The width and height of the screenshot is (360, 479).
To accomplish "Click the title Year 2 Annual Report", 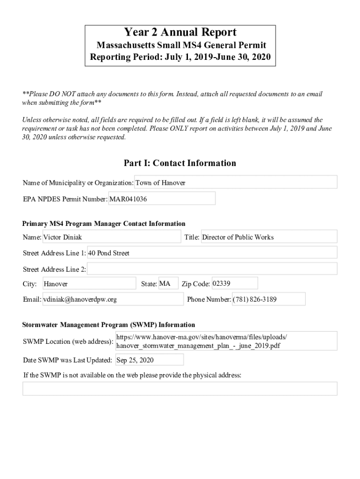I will (x=180, y=32).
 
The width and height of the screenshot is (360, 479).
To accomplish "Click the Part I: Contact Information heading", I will (x=180, y=163).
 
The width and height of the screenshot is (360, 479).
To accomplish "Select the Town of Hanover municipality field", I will (x=236, y=182).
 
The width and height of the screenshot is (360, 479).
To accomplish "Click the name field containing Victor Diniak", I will (x=111, y=237).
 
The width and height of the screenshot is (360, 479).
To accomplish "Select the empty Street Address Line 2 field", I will (x=212, y=269).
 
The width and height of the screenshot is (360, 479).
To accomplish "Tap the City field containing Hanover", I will (x=89, y=284).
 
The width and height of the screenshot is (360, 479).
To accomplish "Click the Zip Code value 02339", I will (x=234, y=283).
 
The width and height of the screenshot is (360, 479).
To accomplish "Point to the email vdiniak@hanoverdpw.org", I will (x=113, y=299).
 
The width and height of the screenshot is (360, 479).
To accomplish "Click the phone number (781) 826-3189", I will (x=268, y=299).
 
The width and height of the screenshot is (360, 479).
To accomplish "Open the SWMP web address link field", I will (x=226, y=341).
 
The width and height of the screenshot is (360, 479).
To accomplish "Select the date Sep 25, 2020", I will (x=149, y=360).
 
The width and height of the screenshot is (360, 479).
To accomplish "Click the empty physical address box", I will (x=180, y=389).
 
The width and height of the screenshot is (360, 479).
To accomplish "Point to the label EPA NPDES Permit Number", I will (x=65, y=199).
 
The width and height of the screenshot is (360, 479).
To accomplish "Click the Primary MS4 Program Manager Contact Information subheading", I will (x=104, y=224).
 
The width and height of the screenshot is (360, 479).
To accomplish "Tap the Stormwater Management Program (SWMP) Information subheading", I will (x=108, y=325).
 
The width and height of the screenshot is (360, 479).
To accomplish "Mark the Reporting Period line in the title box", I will (x=180, y=58).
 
